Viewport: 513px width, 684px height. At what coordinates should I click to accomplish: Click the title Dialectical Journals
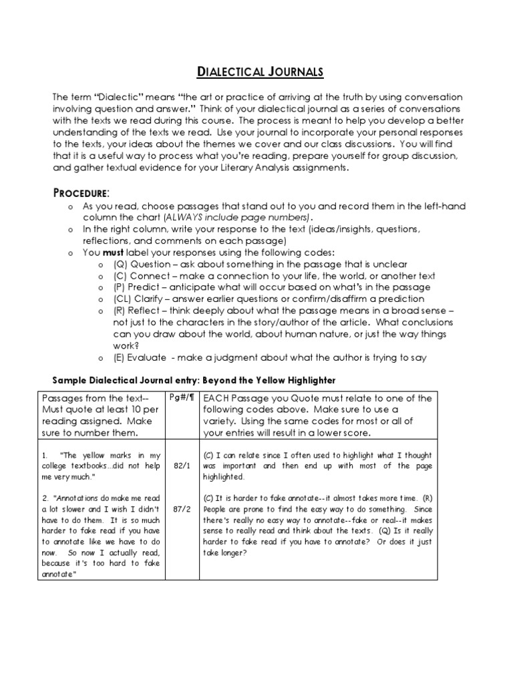(256, 72)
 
